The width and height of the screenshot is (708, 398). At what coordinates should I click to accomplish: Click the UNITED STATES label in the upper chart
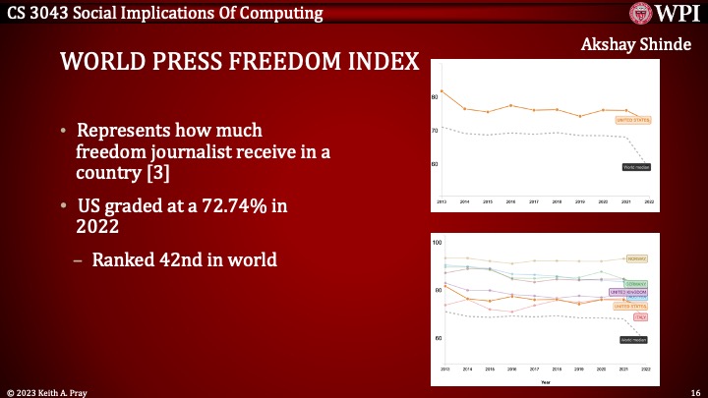point(633,121)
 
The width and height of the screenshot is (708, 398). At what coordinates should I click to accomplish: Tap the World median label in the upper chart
point(636,167)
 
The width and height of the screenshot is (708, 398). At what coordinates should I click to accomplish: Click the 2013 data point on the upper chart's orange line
point(442,91)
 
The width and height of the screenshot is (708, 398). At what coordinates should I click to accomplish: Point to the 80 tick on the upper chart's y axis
point(434,97)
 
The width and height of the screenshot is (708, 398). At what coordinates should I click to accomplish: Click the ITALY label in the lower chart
point(640,317)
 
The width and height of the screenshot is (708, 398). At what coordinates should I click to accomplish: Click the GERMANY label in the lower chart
point(636,283)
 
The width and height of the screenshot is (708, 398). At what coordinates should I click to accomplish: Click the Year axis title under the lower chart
point(545,381)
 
